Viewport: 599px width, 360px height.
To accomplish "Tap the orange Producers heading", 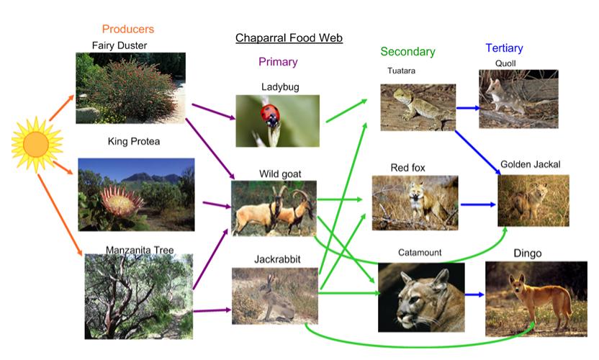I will (127, 30).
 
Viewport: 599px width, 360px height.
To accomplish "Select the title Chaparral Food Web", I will (289, 37).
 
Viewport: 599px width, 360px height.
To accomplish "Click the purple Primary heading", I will (278, 62).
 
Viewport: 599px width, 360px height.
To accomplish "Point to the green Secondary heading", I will (407, 52).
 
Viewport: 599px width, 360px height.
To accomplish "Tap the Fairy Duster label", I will (120, 45).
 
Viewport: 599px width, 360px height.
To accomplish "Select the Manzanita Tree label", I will (140, 251).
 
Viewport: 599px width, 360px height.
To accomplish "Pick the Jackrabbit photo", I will (274, 295).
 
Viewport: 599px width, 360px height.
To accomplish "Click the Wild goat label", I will (280, 174).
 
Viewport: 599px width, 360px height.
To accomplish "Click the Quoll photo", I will (518, 99).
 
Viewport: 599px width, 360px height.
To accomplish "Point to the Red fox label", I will (407, 168).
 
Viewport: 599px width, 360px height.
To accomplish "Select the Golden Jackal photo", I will (533, 200).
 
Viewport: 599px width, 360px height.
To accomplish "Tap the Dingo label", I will (527, 253).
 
